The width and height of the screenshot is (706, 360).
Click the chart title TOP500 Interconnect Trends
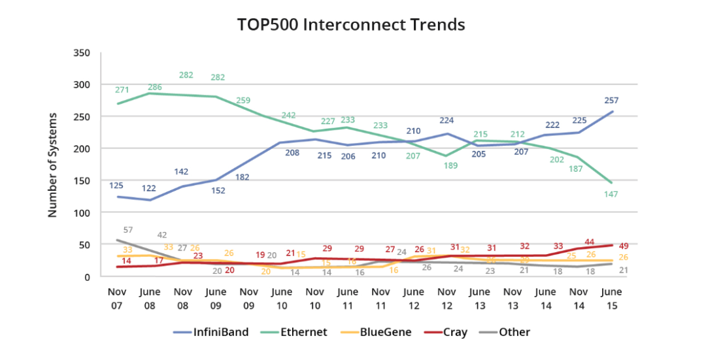click(x=351, y=25)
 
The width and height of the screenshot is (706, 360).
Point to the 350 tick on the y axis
click(x=81, y=53)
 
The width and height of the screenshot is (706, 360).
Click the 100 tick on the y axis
click(x=81, y=213)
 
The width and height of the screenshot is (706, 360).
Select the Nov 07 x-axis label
click(x=118, y=297)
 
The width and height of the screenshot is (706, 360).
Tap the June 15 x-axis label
click(x=612, y=297)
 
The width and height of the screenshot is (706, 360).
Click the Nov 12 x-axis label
click(x=447, y=297)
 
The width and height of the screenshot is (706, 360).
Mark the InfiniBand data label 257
click(x=611, y=101)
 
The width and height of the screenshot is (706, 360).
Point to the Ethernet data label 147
click(x=611, y=195)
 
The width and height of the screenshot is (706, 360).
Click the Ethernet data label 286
click(x=154, y=87)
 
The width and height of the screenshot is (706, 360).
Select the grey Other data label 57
click(x=128, y=230)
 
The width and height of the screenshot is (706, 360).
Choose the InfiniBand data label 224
click(x=446, y=120)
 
